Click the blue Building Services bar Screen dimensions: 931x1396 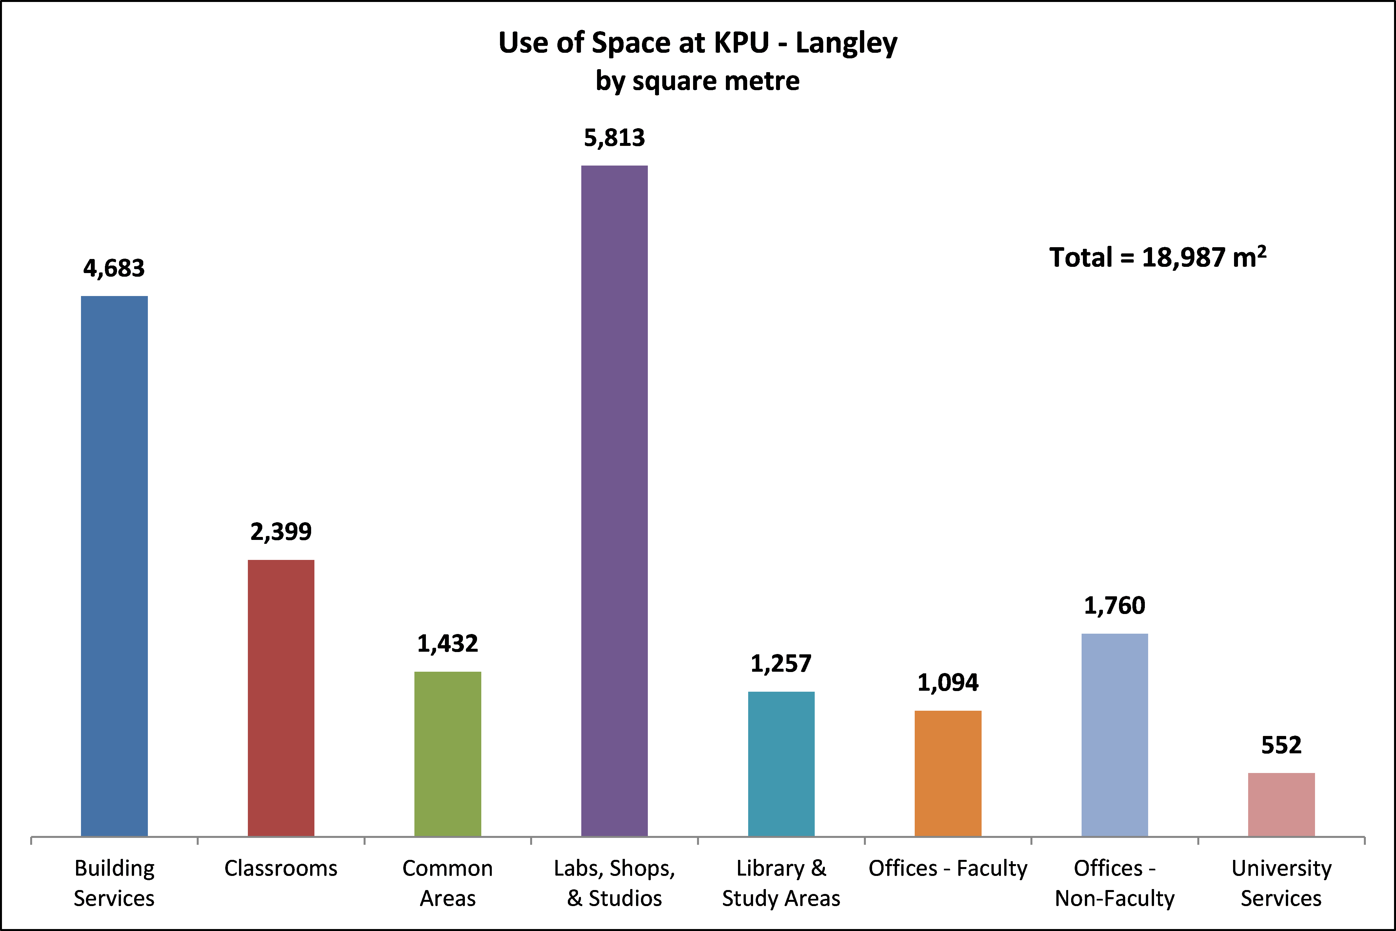point(114,566)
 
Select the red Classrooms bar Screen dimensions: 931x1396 point(281,698)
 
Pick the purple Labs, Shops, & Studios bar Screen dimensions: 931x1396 point(614,501)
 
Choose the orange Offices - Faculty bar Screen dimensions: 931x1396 point(948,773)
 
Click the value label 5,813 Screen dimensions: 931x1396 point(614,138)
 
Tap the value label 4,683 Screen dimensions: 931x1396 point(114,268)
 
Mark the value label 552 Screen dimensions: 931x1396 point(1281,745)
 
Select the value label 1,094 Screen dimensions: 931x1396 point(948,683)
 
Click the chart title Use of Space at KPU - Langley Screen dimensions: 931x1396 point(698,43)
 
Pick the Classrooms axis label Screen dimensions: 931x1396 point(281,868)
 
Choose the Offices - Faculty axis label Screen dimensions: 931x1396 point(948,868)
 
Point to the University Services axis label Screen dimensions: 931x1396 point(1281,883)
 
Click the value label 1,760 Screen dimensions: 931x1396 point(1115,605)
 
